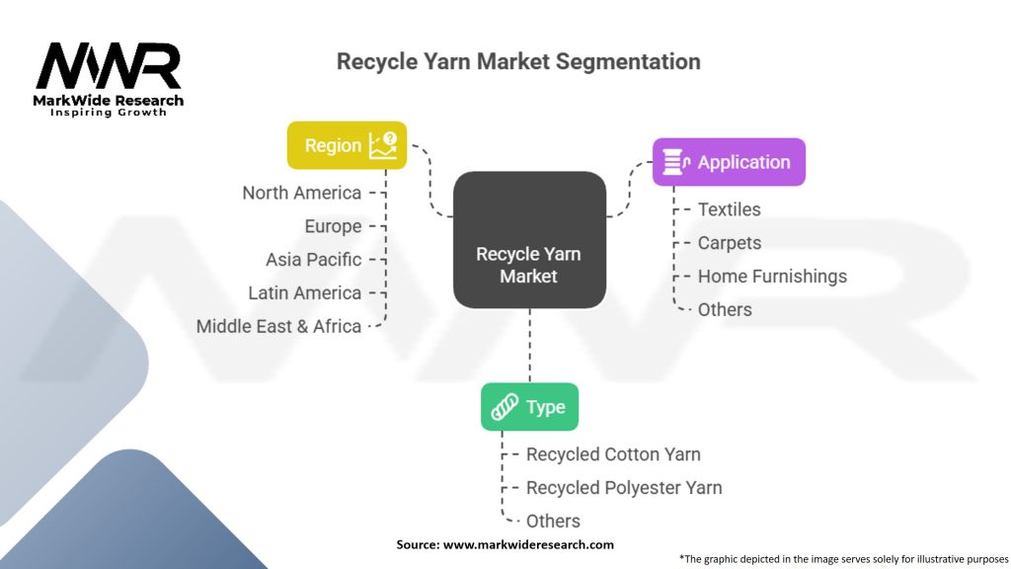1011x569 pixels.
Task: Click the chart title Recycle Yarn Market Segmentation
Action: (x=518, y=61)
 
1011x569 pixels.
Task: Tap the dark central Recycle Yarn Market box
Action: (x=529, y=239)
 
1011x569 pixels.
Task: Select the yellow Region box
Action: (x=347, y=145)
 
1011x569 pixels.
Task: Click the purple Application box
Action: (x=729, y=162)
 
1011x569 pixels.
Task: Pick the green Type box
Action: (x=529, y=407)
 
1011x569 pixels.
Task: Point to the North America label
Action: (x=301, y=193)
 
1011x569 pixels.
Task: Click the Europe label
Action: (x=333, y=226)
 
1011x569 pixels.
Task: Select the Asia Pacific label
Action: (x=313, y=260)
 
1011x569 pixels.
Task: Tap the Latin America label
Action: (x=304, y=293)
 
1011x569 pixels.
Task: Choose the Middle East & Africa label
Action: (x=278, y=326)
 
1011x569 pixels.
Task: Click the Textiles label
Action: (x=729, y=209)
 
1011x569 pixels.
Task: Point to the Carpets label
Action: (x=729, y=243)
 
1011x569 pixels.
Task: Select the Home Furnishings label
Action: (x=772, y=277)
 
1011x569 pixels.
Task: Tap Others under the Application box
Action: (x=725, y=309)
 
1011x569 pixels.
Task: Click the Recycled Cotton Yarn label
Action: (x=613, y=454)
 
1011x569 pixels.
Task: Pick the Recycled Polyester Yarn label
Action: (x=624, y=488)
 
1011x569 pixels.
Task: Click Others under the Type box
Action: (x=553, y=521)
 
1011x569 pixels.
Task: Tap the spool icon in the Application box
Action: (x=675, y=162)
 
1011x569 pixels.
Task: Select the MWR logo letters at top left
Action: (x=108, y=66)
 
